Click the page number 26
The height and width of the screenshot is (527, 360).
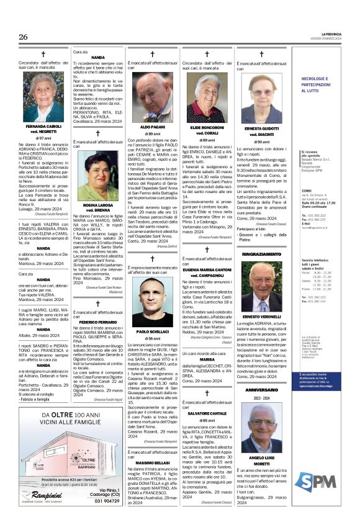pyautogui.click(x=23, y=37)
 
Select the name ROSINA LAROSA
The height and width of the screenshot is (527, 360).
pyautogui.click(x=97, y=205)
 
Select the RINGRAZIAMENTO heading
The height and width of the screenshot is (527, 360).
pyautogui.click(x=262, y=254)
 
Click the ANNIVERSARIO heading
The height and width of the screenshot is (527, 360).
pyautogui.click(x=262, y=389)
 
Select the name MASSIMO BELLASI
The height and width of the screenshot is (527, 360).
pyautogui.click(x=152, y=464)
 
